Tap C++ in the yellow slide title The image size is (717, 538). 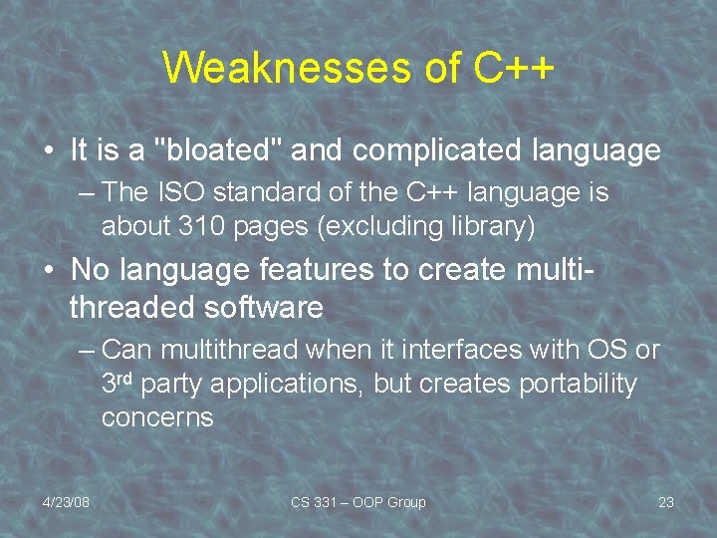514,68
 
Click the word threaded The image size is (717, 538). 132,307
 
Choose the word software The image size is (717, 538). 264,307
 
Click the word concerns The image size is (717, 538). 157,416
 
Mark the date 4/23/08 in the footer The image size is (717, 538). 66,502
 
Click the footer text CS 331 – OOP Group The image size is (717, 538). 358,502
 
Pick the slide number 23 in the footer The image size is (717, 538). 666,502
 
